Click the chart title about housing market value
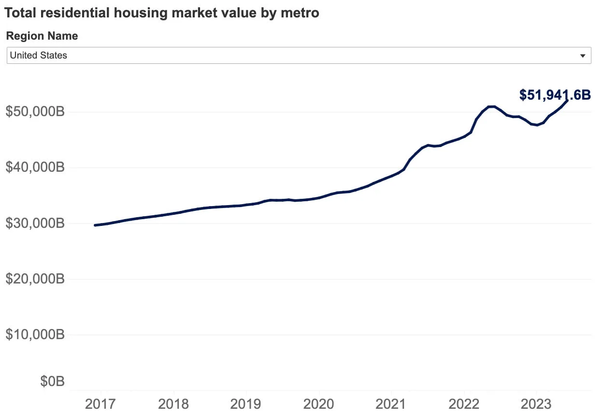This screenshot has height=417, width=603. coord(162,13)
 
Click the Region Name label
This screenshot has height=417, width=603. coord(42,36)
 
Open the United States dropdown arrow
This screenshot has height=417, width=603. coord(582,56)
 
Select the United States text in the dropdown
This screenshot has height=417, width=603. coord(39,56)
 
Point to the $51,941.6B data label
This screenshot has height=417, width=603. coord(555,95)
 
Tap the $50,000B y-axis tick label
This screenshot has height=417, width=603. coord(35,112)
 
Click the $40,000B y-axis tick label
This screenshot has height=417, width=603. coord(35,168)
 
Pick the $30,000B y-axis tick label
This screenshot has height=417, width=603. coord(35,223)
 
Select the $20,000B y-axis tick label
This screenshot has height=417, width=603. coord(35,279)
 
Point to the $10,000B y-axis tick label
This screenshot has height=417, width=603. coord(35,335)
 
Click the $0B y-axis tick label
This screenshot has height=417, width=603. coord(52,382)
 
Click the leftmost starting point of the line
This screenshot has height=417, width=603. coord(95,225)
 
